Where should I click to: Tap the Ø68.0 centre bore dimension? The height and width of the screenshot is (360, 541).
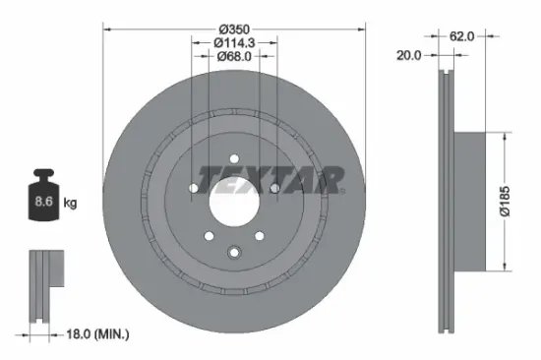(x=234, y=57)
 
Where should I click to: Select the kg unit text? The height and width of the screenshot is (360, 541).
(x=70, y=204)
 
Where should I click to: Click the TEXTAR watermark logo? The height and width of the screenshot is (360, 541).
(x=271, y=179)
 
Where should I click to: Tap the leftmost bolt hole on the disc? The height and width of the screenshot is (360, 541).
(x=193, y=187)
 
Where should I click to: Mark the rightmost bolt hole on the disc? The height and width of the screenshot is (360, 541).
(x=275, y=187)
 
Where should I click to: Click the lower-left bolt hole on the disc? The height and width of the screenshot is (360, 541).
(x=209, y=235)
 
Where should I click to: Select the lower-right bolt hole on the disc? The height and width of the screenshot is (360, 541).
(x=260, y=235)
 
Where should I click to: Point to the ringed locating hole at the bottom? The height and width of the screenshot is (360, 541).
(x=234, y=252)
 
